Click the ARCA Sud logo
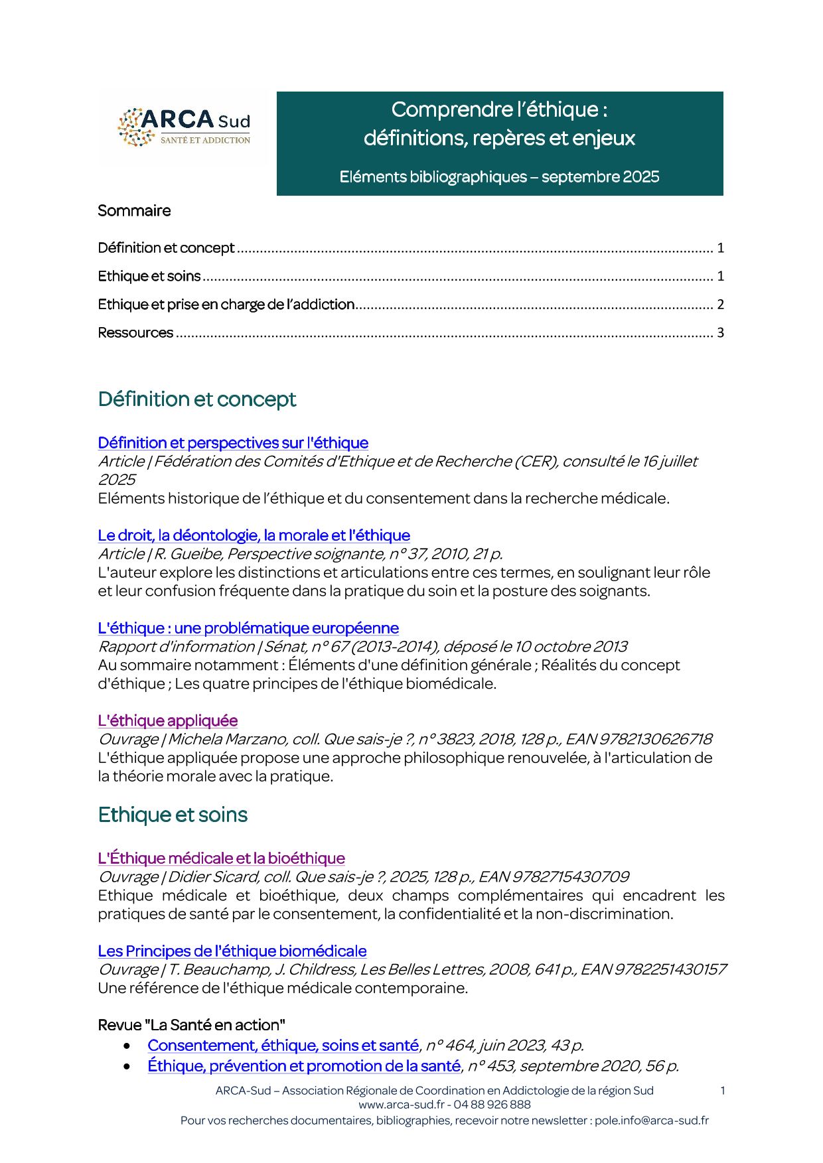(185, 127)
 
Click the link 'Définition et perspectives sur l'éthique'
(233, 443)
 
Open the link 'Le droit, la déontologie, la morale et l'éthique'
(254, 535)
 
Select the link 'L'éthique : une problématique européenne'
(248, 628)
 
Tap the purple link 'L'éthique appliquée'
(167, 720)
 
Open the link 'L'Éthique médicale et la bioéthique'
(221, 858)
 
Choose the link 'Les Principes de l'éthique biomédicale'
(232, 951)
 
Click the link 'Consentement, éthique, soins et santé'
(283, 1046)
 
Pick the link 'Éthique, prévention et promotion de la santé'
(304, 1066)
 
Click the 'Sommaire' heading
(134, 211)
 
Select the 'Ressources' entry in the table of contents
(135, 333)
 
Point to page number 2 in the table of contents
(720, 305)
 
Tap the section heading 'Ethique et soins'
(173, 815)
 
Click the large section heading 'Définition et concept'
(197, 399)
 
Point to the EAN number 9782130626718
(656, 739)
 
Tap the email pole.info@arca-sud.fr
(651, 1121)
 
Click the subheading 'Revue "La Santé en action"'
(191, 1025)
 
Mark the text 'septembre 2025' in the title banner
(600, 177)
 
